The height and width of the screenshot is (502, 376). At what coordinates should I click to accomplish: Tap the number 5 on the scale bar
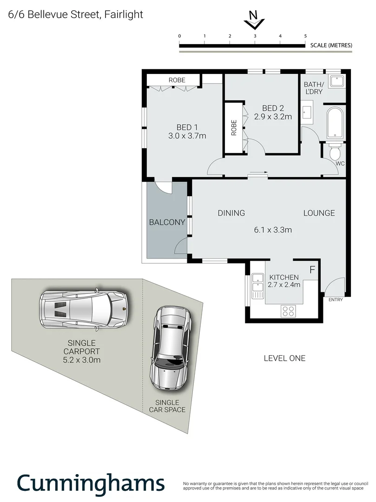click(x=305, y=36)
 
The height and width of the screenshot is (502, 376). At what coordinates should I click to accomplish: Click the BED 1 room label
click(x=187, y=127)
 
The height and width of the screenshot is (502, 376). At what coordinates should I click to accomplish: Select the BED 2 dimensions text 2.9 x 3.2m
click(x=273, y=117)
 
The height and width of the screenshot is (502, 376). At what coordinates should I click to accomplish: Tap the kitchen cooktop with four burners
click(x=288, y=310)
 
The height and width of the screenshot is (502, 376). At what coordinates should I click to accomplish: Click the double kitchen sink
click(x=257, y=286)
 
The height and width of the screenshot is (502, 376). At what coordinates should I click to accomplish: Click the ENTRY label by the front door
click(x=336, y=300)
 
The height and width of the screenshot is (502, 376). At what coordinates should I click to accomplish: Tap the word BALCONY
click(x=167, y=222)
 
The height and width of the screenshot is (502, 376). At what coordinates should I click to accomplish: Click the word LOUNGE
click(x=319, y=213)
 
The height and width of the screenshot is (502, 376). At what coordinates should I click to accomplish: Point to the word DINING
click(x=231, y=213)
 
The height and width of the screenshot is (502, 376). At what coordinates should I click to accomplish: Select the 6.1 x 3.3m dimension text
click(x=273, y=229)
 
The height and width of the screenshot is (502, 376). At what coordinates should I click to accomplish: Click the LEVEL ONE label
click(x=284, y=358)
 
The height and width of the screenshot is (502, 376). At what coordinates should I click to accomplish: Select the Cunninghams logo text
click(x=91, y=483)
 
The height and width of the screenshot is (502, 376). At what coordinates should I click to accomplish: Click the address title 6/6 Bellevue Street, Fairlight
click(x=76, y=14)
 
